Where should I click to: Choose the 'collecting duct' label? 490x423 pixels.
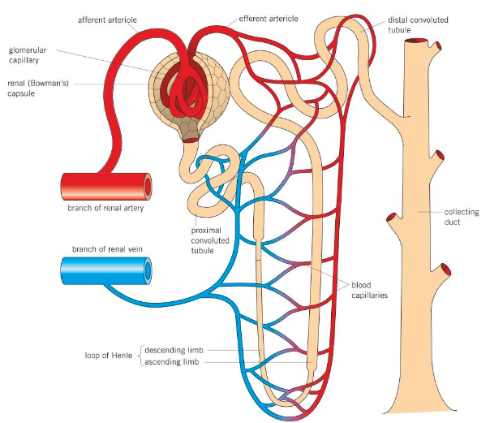462,217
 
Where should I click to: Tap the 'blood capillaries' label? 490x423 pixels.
369,290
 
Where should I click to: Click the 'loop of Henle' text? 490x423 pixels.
110,356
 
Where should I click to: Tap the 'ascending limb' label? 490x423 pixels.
174,362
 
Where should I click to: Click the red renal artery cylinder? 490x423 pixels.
101,186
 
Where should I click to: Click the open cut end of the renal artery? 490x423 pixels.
147,186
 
